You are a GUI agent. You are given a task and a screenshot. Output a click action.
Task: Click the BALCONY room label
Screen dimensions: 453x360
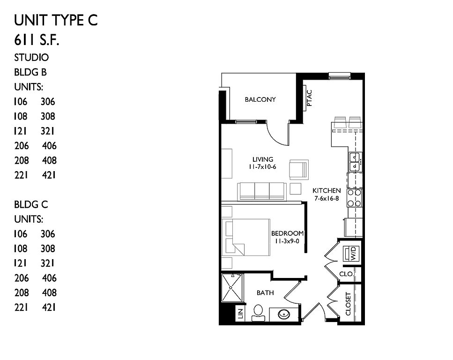(260, 99)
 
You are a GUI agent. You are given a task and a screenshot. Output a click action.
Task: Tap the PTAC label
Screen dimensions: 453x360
(310, 98)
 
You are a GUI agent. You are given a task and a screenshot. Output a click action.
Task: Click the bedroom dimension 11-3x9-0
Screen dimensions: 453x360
(287, 241)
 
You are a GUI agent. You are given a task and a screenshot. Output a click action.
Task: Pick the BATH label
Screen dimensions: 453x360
(265, 293)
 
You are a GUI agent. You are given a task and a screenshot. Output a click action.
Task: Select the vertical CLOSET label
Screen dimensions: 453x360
(348, 304)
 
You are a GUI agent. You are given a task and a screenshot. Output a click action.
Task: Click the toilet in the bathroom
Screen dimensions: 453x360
(258, 313)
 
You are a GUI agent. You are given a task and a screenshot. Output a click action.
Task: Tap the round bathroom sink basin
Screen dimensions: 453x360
(284, 314)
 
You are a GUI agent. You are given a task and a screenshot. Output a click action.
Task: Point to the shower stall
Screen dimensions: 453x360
(231, 288)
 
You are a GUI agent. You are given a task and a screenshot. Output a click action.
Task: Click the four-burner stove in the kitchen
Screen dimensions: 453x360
(355, 198)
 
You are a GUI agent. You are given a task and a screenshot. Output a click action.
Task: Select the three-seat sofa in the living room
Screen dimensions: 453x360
(261, 191)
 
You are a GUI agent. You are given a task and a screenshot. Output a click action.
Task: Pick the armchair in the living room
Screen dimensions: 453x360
(299, 170)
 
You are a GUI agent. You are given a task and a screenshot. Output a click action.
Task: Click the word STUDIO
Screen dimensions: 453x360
(31, 58)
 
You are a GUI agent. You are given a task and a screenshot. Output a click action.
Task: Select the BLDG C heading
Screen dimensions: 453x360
(31, 205)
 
